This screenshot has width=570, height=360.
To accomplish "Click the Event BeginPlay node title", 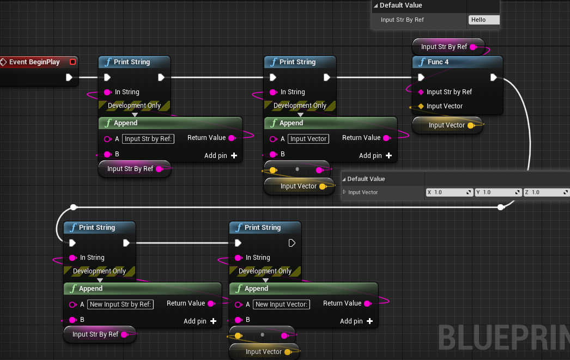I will (x=34, y=62).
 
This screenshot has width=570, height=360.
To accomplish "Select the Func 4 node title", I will (x=438, y=62).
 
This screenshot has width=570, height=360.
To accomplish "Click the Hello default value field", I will (x=484, y=20).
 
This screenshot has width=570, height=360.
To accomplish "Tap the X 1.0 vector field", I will (x=449, y=192).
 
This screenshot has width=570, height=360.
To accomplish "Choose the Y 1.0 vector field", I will (x=498, y=192).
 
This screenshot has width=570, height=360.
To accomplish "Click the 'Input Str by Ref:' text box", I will (x=149, y=139).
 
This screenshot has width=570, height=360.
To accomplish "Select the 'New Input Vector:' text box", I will (x=282, y=304).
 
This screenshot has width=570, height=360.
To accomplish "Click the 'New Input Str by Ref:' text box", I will (x=120, y=304).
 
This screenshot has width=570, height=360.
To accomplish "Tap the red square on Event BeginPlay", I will (x=72, y=62).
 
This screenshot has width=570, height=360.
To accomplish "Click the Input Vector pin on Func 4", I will (x=421, y=106).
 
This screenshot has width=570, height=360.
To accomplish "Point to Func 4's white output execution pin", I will (x=493, y=77).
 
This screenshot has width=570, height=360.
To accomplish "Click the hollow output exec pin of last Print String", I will (x=292, y=243).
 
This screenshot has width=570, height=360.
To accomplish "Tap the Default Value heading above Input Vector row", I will (x=366, y=179).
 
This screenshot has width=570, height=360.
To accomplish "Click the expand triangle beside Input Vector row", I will (x=344, y=192).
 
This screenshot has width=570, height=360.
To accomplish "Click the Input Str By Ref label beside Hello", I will (x=402, y=20).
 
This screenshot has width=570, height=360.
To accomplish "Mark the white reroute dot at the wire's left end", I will (x=74, y=207).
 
